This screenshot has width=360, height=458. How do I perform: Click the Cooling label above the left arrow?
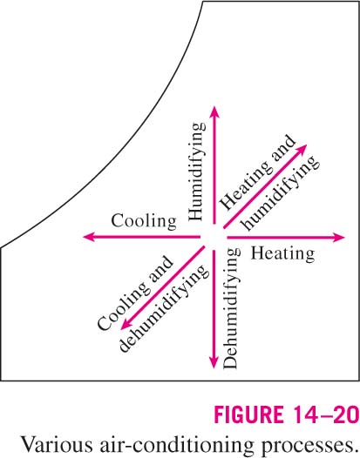tap(144, 221)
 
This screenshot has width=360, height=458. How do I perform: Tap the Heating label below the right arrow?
tap(282, 254)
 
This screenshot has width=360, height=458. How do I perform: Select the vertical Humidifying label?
tap(196, 172)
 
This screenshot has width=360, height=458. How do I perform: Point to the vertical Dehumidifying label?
tap(231, 309)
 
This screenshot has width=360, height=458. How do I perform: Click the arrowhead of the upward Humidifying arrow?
tap(215, 111)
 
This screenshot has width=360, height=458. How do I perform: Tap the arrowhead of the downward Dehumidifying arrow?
tap(214, 363)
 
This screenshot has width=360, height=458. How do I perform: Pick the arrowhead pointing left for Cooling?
tap(89, 237)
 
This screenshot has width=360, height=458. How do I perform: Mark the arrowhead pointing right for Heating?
tap(339, 237)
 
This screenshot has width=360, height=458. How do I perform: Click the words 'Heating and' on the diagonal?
tap(257, 172)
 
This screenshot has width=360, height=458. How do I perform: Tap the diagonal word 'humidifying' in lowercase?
tap(280, 192)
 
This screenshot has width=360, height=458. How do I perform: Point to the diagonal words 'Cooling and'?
tap(135, 293)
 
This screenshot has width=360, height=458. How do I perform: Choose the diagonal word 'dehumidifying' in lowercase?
tap(165, 308)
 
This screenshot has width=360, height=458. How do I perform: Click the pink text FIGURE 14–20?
tap(287, 414)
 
